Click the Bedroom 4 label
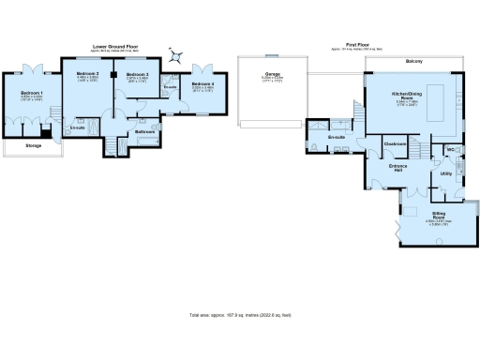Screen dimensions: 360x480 202,85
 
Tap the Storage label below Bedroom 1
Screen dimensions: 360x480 33,146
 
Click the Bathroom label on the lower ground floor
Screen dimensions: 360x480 144,132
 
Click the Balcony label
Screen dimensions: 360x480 413,62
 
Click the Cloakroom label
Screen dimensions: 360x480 395,143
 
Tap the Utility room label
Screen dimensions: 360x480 446,173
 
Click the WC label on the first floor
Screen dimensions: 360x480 450,150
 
